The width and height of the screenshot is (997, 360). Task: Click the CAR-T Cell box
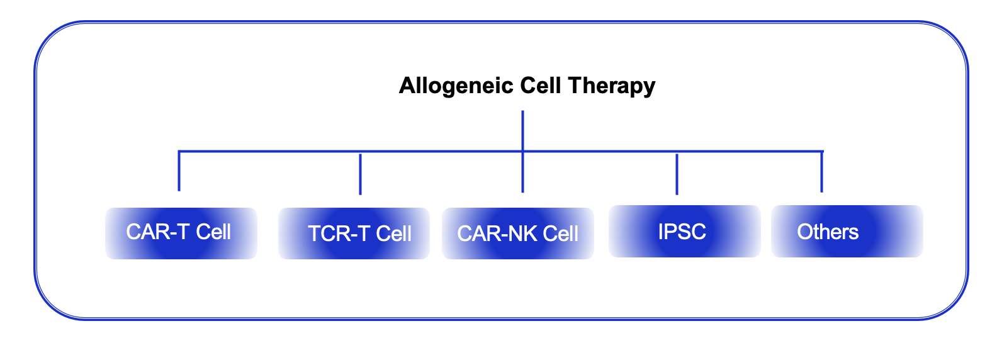(181, 233)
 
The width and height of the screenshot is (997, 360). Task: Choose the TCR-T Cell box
(354, 233)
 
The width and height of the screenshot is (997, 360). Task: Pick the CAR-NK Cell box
(518, 233)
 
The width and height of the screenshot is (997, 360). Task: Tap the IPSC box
(684, 232)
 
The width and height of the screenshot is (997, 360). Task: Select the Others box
(847, 232)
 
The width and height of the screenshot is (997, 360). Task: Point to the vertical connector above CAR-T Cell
(179, 171)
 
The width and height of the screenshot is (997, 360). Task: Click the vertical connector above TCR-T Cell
(360, 174)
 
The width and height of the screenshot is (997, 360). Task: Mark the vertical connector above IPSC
(677, 174)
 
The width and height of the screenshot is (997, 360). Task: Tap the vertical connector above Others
(821, 172)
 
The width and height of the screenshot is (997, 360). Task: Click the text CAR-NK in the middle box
(497, 233)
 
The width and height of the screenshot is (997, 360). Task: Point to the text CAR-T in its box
(157, 232)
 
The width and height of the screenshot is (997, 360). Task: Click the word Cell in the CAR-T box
(214, 232)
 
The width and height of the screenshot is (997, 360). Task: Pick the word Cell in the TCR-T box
(394, 233)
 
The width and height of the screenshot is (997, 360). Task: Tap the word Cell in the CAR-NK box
(560, 233)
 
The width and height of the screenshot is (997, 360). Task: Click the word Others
(828, 232)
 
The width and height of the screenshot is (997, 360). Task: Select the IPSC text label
(682, 232)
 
